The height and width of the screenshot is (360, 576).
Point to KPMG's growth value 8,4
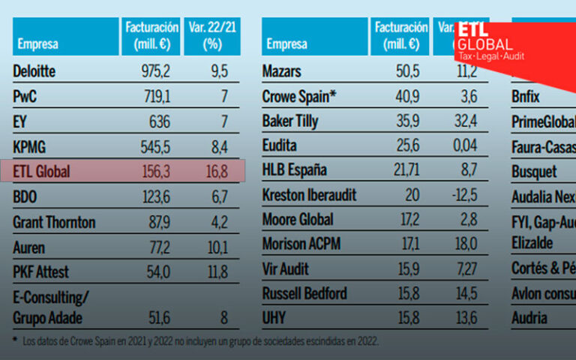pyautogui.click(x=218, y=146)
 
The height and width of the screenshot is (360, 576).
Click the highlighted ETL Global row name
pyautogui.click(x=42, y=172)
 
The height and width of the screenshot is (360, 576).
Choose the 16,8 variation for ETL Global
pyautogui.click(x=217, y=172)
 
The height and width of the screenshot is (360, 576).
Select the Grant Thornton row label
pyautogui.click(x=54, y=222)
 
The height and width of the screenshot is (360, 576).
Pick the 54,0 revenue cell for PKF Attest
pyautogui.click(x=155, y=271)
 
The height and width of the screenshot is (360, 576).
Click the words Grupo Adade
pyautogui.click(x=47, y=317)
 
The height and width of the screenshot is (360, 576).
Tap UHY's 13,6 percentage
pyautogui.click(x=465, y=317)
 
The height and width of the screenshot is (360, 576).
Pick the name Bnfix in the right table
pyautogui.click(x=526, y=97)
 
